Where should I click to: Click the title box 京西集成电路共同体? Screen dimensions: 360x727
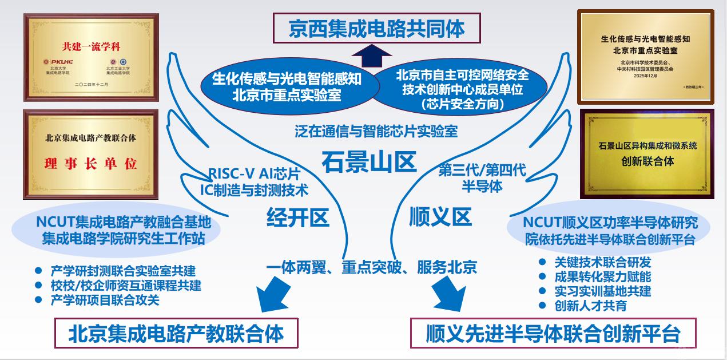coord(376,28)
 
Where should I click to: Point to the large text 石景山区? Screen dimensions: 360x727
coord(368,161)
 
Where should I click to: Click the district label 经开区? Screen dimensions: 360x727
coord(298,217)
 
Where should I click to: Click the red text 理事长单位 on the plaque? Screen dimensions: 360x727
coord(91,165)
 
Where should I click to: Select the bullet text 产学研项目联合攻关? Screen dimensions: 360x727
coord(105,299)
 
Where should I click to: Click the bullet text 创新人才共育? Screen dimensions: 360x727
coord(590,306)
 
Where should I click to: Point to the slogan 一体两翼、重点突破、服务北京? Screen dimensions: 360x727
coord(371,267)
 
